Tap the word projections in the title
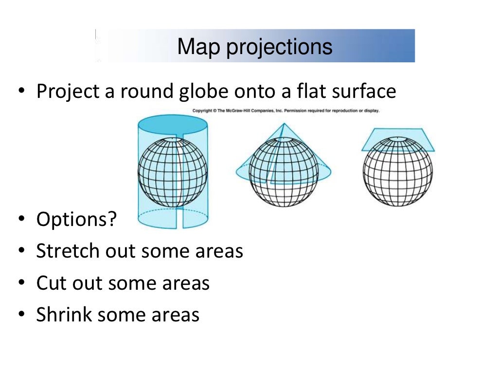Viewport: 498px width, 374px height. [x=279, y=47]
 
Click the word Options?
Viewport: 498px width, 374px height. [x=77, y=220]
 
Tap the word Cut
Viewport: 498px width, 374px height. [x=51, y=283]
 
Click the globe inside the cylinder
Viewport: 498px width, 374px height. [x=173, y=172]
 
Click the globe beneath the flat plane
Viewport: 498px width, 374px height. [x=397, y=172]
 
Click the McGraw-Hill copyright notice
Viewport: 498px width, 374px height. [x=285, y=111]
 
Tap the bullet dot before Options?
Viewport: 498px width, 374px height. [x=21, y=220]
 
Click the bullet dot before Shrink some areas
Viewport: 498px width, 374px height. [x=21, y=315]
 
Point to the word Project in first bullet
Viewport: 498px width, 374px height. [x=70, y=92]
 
